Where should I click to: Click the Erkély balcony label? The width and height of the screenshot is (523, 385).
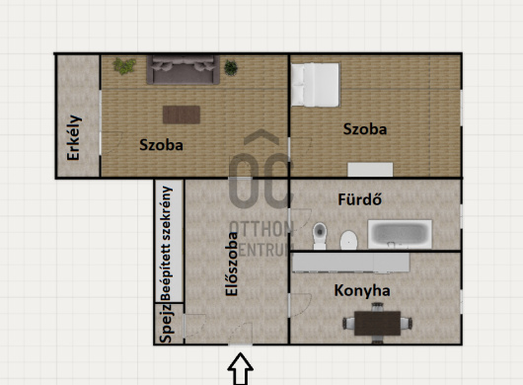[74, 137]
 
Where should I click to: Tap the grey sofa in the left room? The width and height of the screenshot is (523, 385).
[184, 70]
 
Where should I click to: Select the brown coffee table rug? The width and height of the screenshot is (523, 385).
[182, 115]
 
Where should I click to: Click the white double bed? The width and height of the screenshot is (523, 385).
[315, 85]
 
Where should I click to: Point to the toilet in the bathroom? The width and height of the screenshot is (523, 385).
[320, 236]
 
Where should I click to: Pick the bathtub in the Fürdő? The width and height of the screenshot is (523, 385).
[400, 234]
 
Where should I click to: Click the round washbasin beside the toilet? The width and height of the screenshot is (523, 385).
[349, 240]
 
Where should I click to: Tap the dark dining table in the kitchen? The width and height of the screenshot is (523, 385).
[377, 323]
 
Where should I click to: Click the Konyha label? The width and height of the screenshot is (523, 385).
[362, 290]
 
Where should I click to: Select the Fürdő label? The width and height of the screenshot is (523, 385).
[360, 199]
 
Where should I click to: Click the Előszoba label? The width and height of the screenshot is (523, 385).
[232, 264]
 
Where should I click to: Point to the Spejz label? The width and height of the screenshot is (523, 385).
[166, 323]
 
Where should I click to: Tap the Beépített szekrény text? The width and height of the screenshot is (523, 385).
[166, 244]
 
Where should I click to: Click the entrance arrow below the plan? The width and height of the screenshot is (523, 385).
[240, 368]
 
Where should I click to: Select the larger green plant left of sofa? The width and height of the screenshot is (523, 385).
[124, 66]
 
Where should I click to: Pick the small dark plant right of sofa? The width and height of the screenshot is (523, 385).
[231, 68]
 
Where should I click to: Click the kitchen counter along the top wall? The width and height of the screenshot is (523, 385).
[351, 263]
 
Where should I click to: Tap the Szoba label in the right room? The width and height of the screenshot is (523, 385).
[365, 129]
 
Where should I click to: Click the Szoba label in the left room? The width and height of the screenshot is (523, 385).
[161, 145]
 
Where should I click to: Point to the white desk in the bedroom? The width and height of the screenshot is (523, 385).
[370, 170]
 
